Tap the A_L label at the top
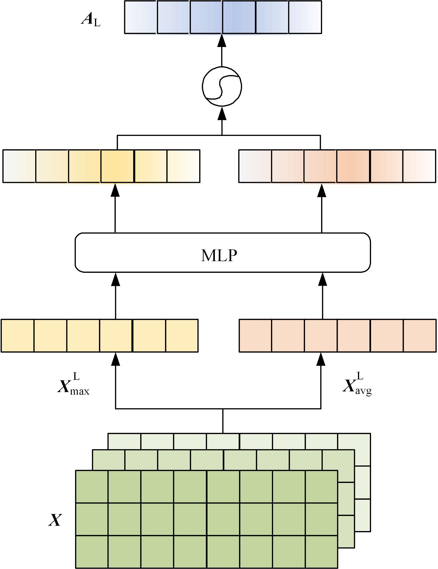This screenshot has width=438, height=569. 91,20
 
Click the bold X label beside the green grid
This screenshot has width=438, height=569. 55,520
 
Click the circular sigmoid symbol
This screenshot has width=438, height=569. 222,86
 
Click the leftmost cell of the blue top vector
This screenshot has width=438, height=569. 141,17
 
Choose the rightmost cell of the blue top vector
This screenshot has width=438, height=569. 305,17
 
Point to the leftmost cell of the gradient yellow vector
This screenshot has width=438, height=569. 19,166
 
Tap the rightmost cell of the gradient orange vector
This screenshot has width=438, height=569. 419,166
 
